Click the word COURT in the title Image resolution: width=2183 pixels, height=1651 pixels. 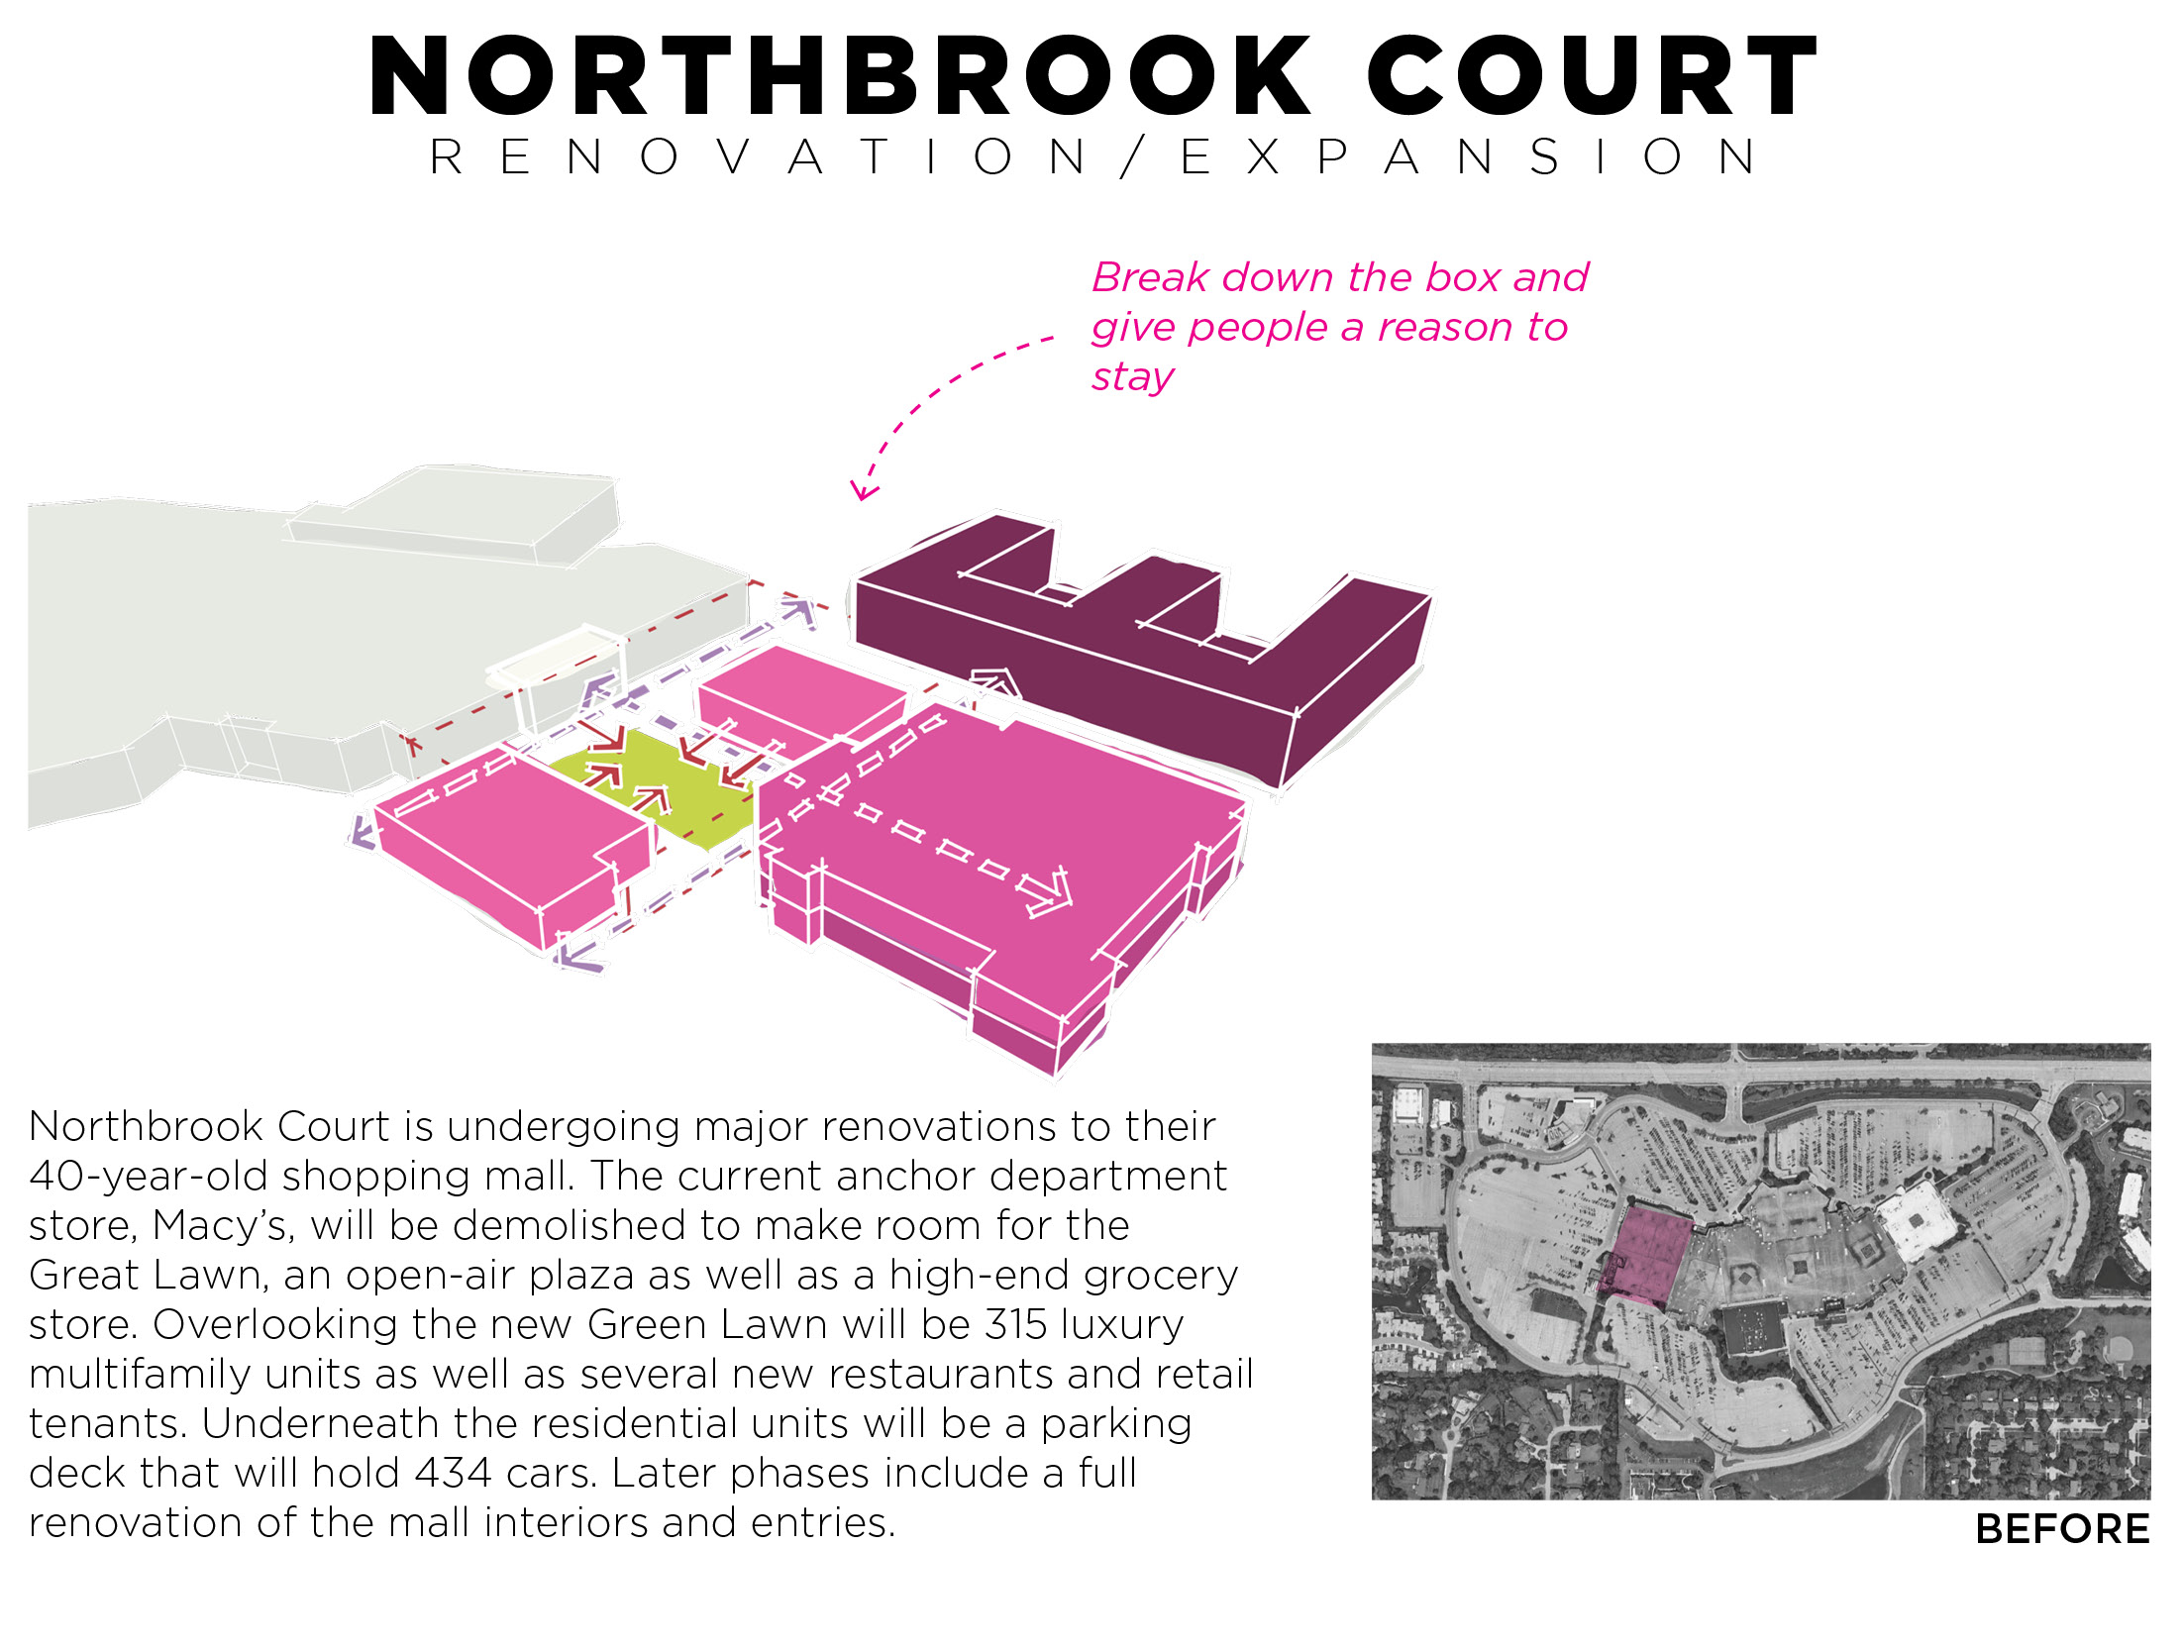1592,77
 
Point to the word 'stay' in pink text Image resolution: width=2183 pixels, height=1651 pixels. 1132,376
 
